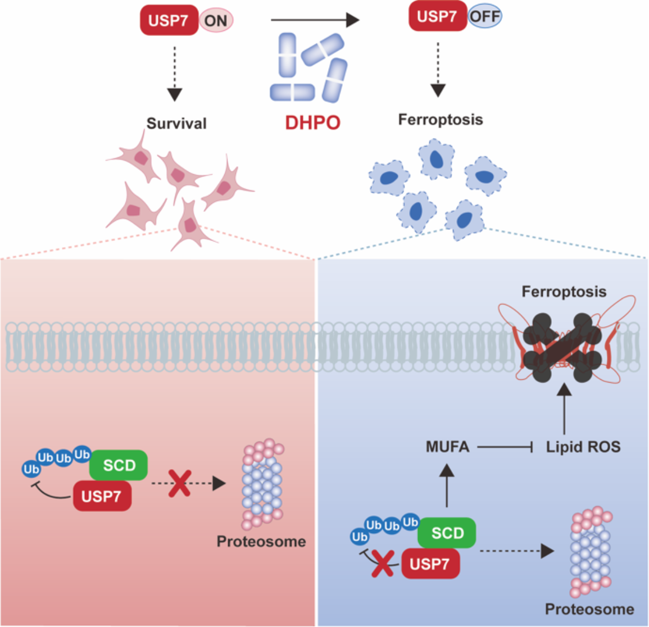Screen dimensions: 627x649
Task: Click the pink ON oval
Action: pyautogui.click(x=216, y=21)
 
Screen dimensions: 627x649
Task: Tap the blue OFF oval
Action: pyautogui.click(x=484, y=16)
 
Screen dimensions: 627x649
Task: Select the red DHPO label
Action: pyautogui.click(x=312, y=122)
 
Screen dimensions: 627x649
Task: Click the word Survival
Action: pyautogui.click(x=176, y=123)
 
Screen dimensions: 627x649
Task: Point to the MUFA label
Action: pyautogui.click(x=447, y=447)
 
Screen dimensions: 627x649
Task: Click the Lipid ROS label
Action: pyautogui.click(x=583, y=447)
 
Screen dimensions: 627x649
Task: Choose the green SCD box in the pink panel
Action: pyautogui.click(x=119, y=465)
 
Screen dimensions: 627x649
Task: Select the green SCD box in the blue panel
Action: pyautogui.click(x=447, y=533)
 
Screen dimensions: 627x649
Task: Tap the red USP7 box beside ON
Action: pyautogui.click(x=169, y=21)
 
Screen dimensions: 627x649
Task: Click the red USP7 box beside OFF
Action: pyautogui.click(x=437, y=16)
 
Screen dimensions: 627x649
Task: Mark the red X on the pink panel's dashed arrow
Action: pyautogui.click(x=180, y=483)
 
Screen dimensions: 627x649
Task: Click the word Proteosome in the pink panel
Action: pyautogui.click(x=261, y=542)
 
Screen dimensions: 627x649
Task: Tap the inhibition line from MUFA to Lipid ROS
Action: pyautogui.click(x=505, y=447)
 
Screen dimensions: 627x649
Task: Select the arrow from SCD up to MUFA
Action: pyautogui.click(x=447, y=486)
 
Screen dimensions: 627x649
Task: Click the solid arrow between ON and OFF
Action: pyautogui.click(x=315, y=21)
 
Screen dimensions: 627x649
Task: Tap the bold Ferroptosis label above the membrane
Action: pyautogui.click(x=564, y=292)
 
